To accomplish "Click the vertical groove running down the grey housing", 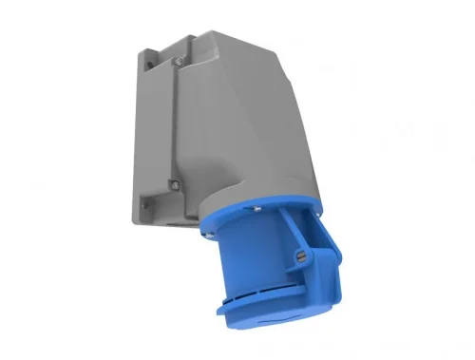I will (x=179, y=123).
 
